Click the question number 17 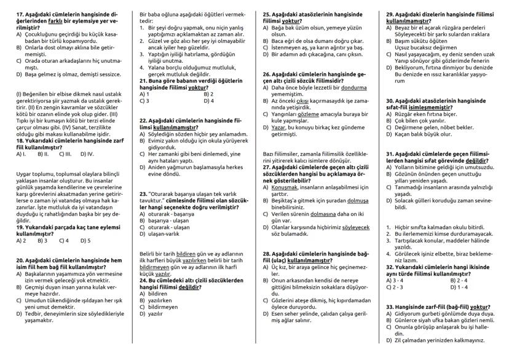coord(20,14)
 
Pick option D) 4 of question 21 coord(209,101)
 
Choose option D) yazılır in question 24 coord(151,313)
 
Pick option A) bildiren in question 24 coord(152,292)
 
